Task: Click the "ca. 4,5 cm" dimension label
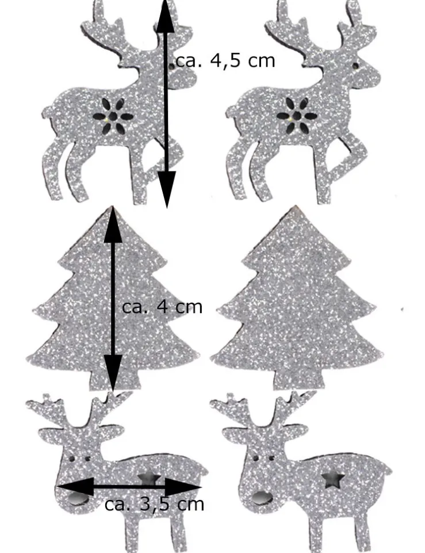coord(225,60)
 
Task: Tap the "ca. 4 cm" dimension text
coord(162,307)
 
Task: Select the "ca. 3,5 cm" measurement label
coord(154,504)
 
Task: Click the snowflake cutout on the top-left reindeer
coord(113,116)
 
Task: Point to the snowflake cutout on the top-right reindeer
coord(297,116)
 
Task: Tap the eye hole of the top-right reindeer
coord(355,66)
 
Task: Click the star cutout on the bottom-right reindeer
coord(332,480)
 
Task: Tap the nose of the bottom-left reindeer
coord(78,499)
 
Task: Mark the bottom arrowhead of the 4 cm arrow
coord(113,373)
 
